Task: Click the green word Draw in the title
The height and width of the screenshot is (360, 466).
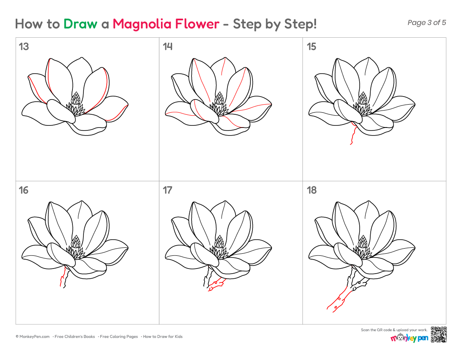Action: [x=80, y=24]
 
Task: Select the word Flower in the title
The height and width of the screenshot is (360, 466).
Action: [x=197, y=24]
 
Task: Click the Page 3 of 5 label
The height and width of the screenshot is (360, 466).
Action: [x=427, y=22]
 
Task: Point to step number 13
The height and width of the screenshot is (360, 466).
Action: [x=24, y=47]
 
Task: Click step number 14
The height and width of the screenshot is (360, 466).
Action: [x=168, y=47]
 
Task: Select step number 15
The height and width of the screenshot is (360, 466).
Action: [x=311, y=47]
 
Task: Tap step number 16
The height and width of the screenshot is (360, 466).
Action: [x=24, y=190]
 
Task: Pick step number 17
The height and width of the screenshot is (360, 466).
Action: [x=168, y=190]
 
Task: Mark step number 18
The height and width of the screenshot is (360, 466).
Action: [x=312, y=190]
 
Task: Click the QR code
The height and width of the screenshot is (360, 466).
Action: [x=438, y=335]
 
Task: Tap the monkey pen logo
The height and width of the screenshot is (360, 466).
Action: [x=409, y=338]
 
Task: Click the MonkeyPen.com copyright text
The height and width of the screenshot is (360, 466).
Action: [x=33, y=337]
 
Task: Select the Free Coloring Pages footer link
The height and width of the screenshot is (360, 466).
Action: [x=119, y=337]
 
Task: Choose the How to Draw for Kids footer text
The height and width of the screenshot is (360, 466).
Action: [x=163, y=337]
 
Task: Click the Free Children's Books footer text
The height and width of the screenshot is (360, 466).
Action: [x=75, y=337]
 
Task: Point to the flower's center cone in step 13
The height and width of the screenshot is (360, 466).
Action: [x=76, y=98]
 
